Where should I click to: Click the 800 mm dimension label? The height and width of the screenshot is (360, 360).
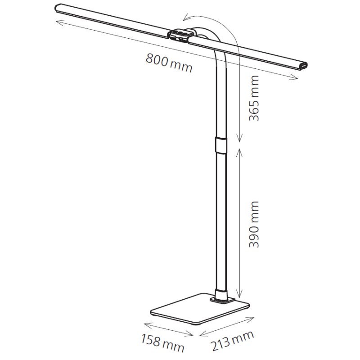(x=169, y=63)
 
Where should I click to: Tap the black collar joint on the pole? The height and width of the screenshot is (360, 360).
(x=221, y=145)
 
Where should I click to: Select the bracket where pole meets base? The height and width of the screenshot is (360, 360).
(x=221, y=297)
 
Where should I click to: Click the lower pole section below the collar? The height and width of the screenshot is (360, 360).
(x=221, y=220)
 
